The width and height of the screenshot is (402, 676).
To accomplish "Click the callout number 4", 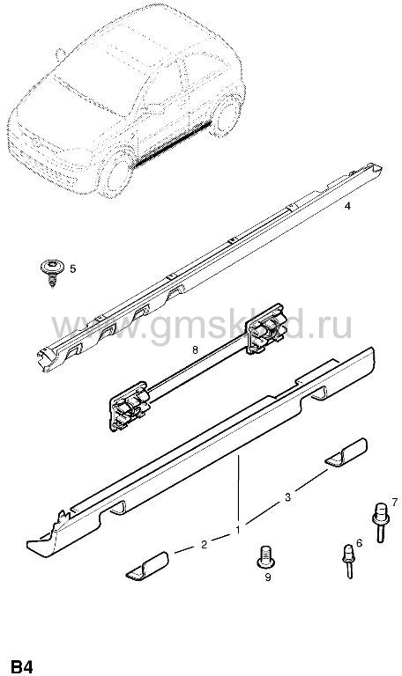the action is click(347, 206).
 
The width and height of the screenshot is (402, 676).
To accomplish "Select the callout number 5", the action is click(72, 269).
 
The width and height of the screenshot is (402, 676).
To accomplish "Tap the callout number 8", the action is click(195, 350).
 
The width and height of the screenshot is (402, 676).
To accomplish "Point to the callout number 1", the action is click(237, 530).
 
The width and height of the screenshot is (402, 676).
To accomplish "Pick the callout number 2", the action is click(205, 545).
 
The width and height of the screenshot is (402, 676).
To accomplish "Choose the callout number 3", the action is click(287, 497).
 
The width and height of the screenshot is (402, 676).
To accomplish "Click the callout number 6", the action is click(359, 543).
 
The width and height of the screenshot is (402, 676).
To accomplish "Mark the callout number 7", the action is click(394, 502).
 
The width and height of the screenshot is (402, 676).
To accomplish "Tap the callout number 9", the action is click(268, 577).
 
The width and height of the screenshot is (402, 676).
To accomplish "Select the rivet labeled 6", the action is click(348, 561).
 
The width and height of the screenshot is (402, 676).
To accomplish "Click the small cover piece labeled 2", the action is click(147, 565).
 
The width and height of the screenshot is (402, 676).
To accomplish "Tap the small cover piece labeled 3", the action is click(346, 452).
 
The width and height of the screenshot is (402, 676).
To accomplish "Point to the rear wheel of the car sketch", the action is click(227, 115).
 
